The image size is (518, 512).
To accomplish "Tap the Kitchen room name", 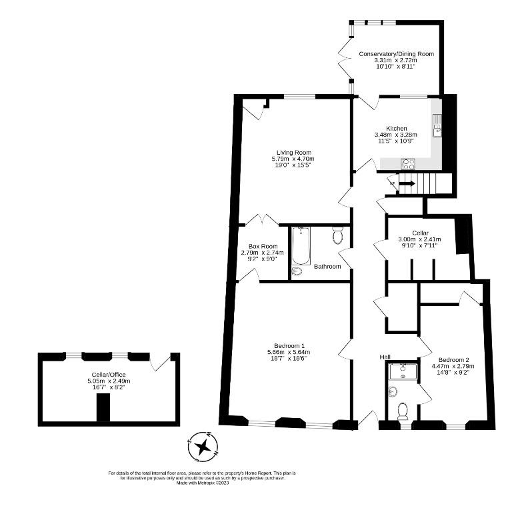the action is pos(397,129).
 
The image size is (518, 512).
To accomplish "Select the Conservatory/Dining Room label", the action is pos(396,54).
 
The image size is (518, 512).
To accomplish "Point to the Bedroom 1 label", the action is pos(289,346).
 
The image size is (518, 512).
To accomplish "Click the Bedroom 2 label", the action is pos(453,360).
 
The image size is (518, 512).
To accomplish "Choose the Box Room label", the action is pos(263,247).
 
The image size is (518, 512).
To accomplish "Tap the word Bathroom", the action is pos(327,266).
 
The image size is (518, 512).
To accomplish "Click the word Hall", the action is pos(385,357).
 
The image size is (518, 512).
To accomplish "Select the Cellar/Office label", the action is pos(109,375).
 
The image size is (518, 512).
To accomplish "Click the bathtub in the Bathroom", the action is pos(301,246).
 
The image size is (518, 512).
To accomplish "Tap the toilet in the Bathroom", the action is pos(337,235).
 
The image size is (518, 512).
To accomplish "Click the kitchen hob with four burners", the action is pos(408,164).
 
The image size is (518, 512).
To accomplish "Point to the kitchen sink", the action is pos(437,125).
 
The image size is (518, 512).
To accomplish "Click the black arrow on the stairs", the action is pos(407,183).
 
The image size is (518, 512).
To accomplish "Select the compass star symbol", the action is pos(203,447).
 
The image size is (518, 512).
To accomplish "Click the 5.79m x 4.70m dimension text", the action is pos(293,159).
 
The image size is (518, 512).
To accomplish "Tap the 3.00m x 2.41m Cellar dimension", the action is pos(419,239).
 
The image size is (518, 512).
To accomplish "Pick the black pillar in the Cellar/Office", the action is pos(103,407).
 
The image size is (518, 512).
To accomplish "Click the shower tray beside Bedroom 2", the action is pos(403,371).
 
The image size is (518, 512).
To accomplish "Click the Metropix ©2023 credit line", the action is pos(203,483).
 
